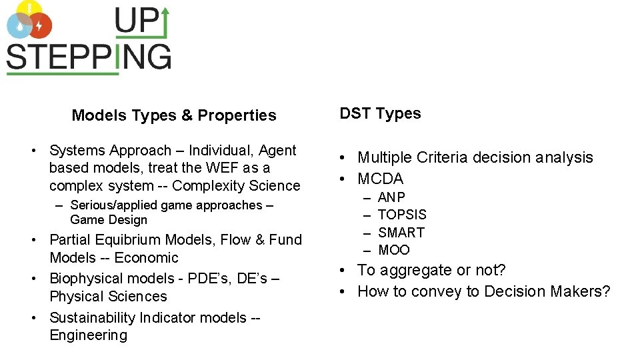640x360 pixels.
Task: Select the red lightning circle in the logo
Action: (x=39, y=26)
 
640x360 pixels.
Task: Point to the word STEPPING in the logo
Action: (x=89, y=57)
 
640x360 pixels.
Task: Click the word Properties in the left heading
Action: (x=236, y=115)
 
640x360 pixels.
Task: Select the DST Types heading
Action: (x=380, y=113)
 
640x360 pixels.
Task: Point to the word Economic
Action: (x=145, y=257)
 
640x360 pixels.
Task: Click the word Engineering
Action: (x=88, y=335)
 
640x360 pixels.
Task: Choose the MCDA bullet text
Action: (x=380, y=179)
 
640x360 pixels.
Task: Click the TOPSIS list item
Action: (x=402, y=215)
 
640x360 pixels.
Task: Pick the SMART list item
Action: (x=401, y=233)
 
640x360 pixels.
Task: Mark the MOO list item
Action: (x=394, y=250)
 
